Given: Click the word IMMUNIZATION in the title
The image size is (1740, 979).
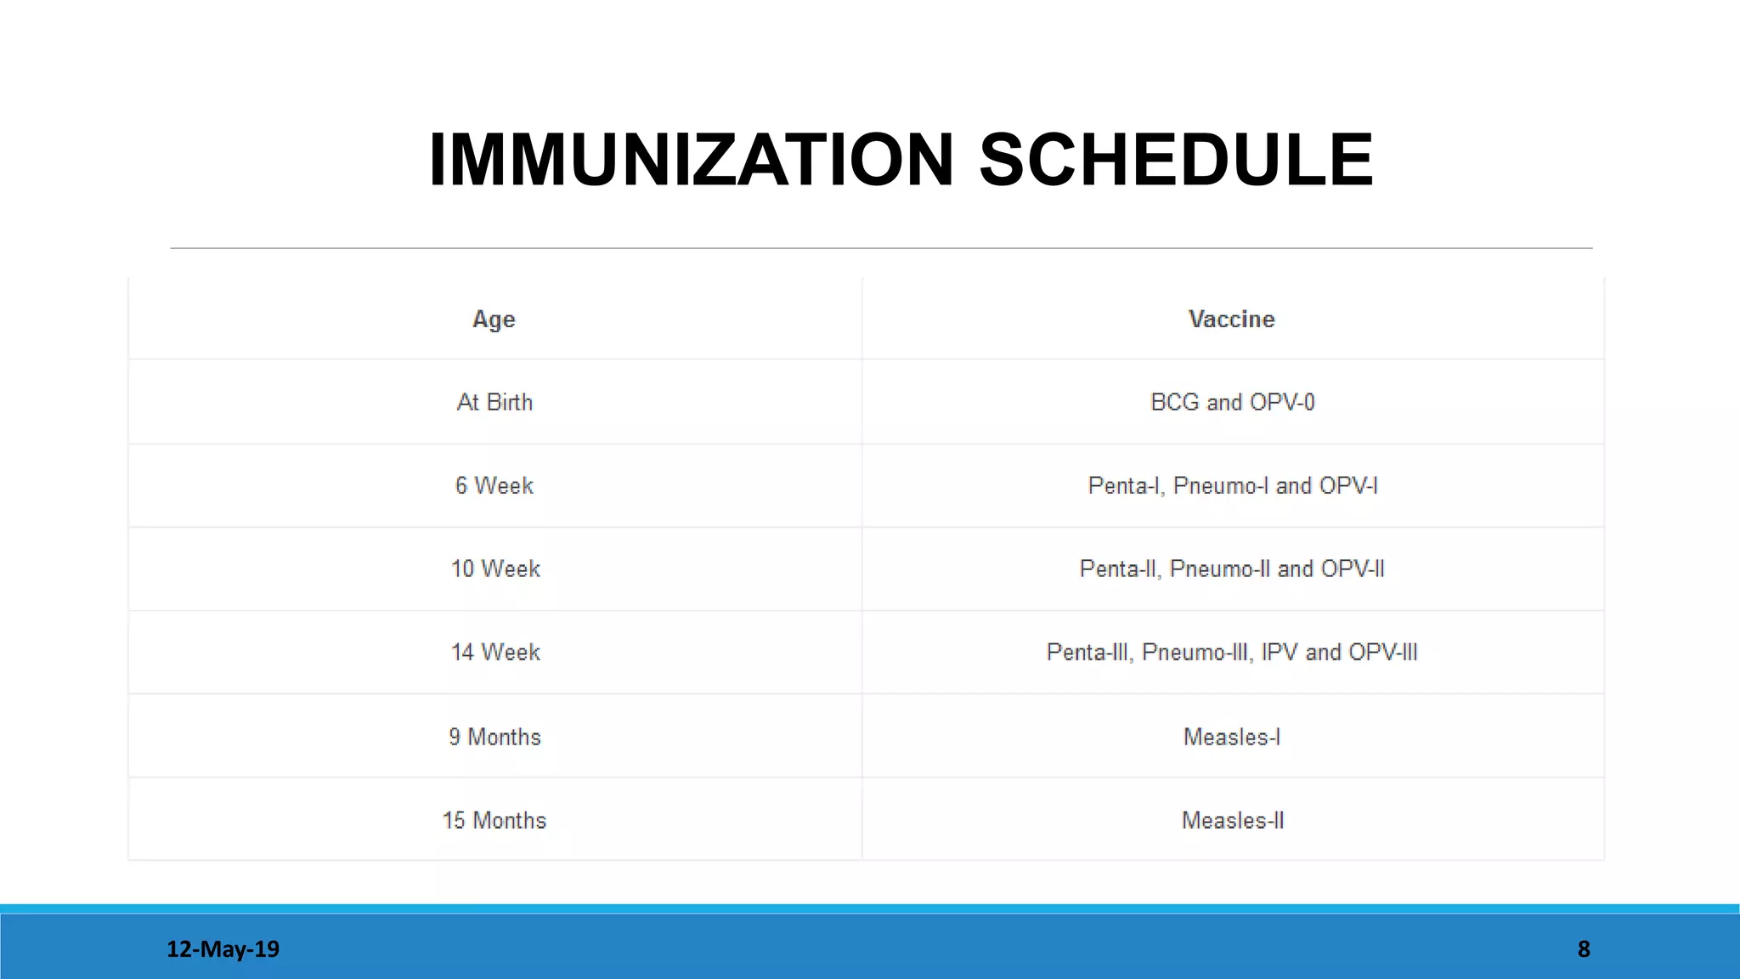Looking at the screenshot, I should coord(692,160).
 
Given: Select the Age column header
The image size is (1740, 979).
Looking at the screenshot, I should coord(494,320).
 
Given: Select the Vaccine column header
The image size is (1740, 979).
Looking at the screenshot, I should coord(1231,320).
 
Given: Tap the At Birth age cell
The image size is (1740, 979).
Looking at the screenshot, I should coord(494,402).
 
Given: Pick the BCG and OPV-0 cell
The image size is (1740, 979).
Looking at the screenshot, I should coord(1232,402).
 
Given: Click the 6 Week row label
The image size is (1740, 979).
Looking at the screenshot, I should coord(494,485).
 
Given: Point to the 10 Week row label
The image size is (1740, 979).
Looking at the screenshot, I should coord(495,569).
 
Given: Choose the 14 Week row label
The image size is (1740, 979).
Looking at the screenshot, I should coord(495,652).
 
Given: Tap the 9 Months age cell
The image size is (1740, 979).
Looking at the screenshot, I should coord(494,737).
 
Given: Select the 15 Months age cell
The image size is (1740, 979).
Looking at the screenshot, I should coord(494,820).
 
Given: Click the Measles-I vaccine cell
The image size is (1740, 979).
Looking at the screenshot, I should coord(1231,737).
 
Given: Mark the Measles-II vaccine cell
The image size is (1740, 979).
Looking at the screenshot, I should coord(1232,820).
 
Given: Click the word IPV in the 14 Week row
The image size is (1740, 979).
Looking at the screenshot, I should coord(1280,652).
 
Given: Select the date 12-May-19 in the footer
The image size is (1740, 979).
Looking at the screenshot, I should coord(223,949).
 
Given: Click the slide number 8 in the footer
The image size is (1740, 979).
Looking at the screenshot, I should coord(1584,949).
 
